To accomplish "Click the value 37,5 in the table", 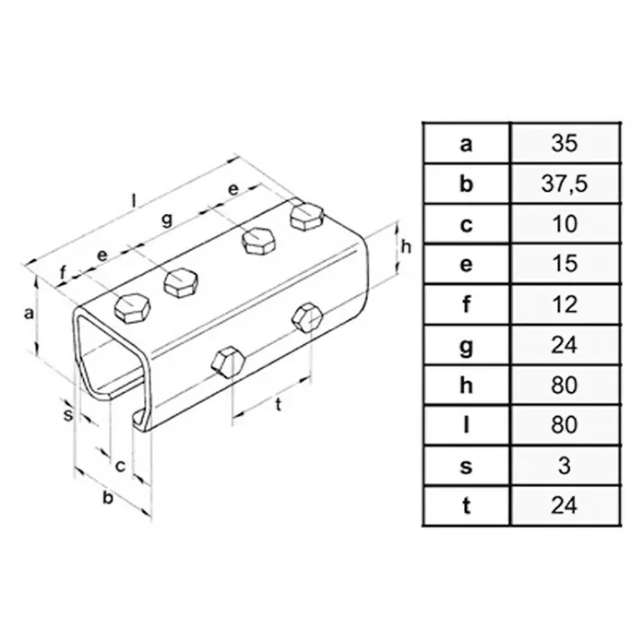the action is [x=565, y=184].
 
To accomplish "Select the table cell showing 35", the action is [x=565, y=143].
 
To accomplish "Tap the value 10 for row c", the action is [x=565, y=223].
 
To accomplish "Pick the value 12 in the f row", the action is [x=565, y=304].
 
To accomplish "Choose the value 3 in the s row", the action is [x=565, y=466].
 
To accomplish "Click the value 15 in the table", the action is [x=565, y=264].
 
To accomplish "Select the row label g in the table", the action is [x=467, y=347].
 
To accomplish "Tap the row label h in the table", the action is [x=467, y=385].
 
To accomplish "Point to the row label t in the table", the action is [x=467, y=505].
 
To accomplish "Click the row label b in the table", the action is [x=467, y=184].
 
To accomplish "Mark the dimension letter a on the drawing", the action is [x=29, y=314].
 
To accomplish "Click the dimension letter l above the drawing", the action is [x=133, y=200].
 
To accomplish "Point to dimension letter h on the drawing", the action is [x=406, y=247].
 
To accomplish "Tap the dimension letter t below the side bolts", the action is [x=279, y=405].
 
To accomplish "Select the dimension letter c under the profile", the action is [x=120, y=466].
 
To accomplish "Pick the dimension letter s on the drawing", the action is [x=67, y=414].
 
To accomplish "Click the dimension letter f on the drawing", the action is [x=63, y=273].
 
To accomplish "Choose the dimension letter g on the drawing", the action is [x=167, y=220].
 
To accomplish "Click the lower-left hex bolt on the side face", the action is [x=229, y=363].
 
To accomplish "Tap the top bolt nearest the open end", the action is [x=132, y=309].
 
